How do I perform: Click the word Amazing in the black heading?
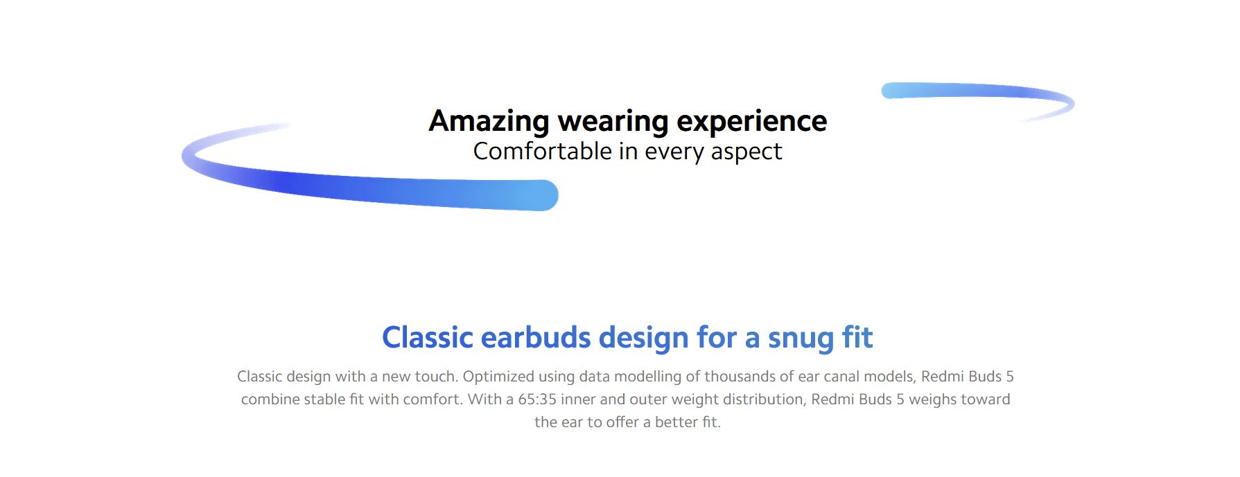coord(489,122)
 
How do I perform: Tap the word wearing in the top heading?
coord(613,122)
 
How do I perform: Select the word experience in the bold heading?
coord(752,122)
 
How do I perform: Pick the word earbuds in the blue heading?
coord(536,338)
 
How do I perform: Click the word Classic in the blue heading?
coord(427,338)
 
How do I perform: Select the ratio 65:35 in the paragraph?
coord(537,399)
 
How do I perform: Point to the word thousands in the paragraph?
coord(737,377)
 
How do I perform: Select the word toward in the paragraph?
coord(985,399)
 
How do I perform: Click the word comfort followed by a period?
coord(434,399)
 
